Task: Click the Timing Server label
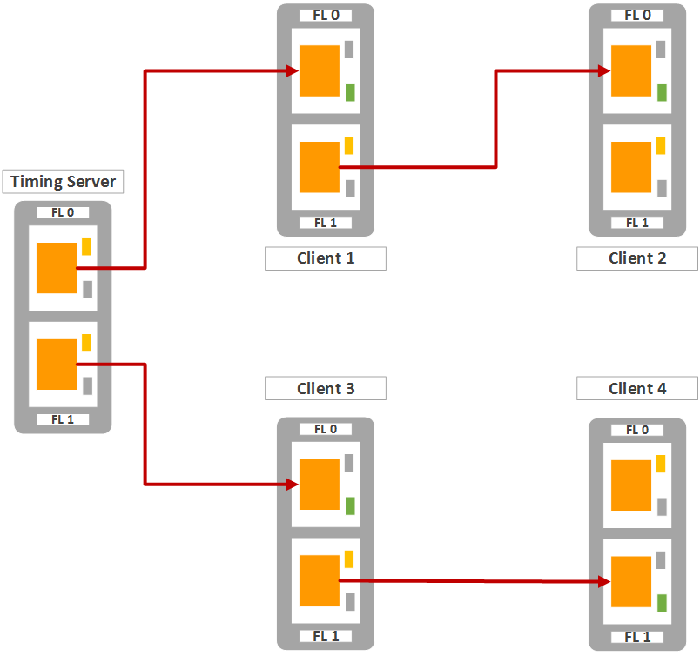63,182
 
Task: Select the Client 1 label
326,258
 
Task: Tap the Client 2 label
637,258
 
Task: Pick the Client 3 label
326,388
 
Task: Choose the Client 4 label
637,388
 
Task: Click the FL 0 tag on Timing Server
63,212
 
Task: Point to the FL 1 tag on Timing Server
63,419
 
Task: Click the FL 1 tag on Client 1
326,223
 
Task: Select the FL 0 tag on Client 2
637,15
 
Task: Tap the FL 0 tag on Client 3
326,429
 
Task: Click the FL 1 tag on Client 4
637,637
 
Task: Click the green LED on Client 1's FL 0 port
350,91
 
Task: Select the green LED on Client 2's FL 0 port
662,91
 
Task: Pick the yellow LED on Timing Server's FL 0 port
87,246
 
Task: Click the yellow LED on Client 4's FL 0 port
662,464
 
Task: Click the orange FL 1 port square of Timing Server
57,365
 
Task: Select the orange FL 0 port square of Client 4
631,485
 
